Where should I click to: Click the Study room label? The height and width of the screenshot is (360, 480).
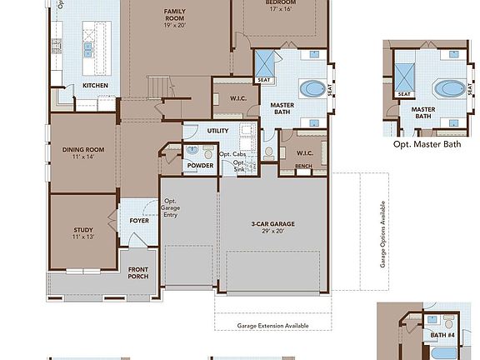coord(82,230)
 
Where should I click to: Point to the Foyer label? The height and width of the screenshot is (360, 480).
coord(139,221)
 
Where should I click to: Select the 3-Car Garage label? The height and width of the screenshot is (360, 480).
coord(273,223)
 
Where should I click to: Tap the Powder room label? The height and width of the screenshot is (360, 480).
coord(200,165)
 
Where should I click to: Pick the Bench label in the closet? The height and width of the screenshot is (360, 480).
coord(302,167)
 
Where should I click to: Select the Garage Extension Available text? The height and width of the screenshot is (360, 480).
coord(272,325)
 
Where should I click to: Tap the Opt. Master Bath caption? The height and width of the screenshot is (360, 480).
coord(427,143)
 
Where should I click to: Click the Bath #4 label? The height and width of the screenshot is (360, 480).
coord(442,335)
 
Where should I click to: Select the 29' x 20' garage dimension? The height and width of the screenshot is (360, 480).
coord(273,232)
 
